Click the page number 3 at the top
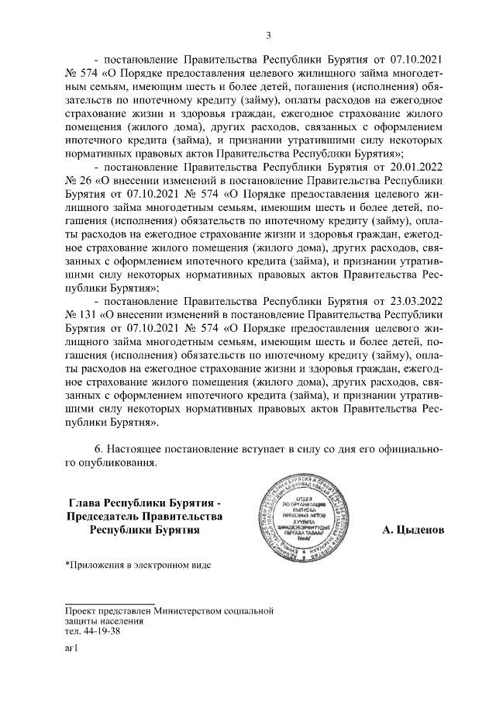point(267,34)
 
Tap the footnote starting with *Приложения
point(137,563)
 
